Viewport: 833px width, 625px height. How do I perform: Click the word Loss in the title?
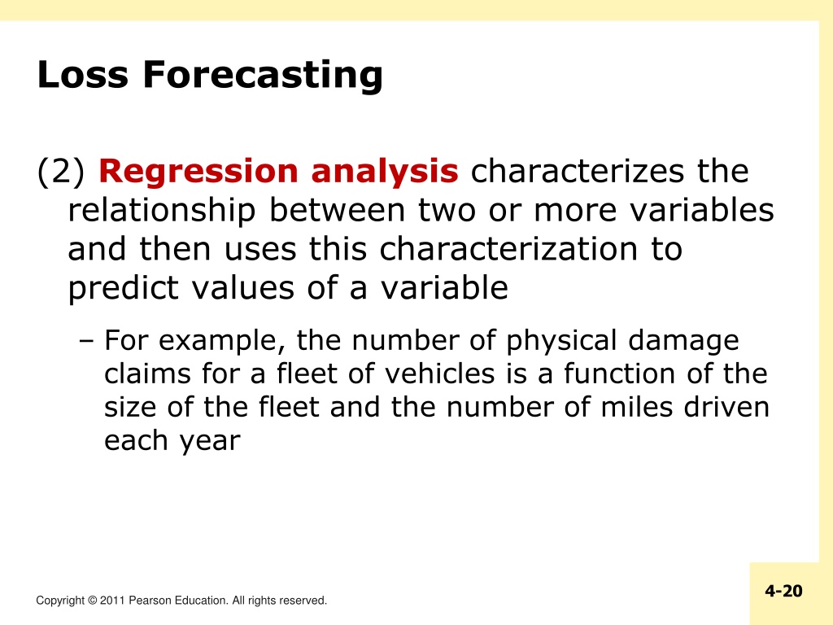coord(83,74)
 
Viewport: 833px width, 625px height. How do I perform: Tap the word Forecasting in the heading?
coord(263,76)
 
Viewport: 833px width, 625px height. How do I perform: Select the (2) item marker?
coord(60,172)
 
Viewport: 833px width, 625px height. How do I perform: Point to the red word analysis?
coord(385,173)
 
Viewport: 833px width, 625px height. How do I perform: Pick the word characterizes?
coord(578,171)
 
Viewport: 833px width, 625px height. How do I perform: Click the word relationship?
coord(162,212)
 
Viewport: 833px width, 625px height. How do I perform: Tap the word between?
coord(337,210)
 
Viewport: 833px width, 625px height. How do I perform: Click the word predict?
coord(124,289)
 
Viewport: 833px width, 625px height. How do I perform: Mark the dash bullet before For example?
coord(86,341)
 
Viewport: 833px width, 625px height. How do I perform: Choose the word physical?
coord(560,342)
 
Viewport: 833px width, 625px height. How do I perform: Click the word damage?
coord(683,342)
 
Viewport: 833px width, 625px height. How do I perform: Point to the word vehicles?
coord(440,373)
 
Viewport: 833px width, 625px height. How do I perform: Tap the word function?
coord(618,373)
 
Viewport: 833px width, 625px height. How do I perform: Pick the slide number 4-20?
coord(783,591)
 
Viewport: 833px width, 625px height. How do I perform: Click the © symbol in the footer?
coord(92,601)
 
